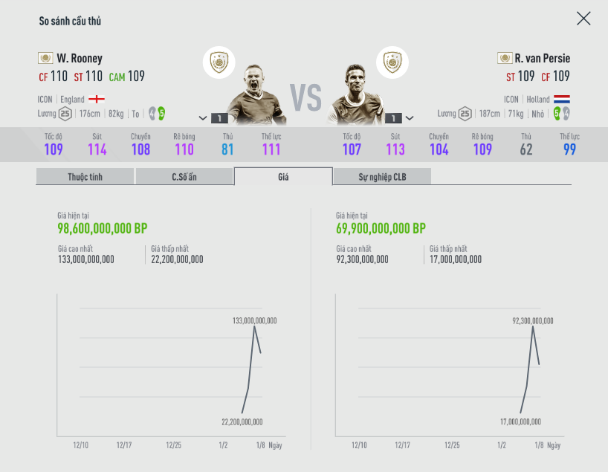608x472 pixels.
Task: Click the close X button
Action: tap(583, 19)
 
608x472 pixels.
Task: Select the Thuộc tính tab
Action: tap(85, 176)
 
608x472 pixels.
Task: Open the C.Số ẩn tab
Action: tap(184, 176)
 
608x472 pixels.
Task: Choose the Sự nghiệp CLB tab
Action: tap(382, 176)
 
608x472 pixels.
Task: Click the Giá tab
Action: tap(283, 176)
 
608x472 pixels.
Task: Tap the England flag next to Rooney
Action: tap(97, 99)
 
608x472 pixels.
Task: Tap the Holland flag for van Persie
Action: tap(562, 99)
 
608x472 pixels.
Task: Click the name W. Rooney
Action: tap(80, 58)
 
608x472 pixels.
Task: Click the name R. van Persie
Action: tap(542, 58)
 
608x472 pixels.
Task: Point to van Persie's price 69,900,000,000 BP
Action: tap(381, 228)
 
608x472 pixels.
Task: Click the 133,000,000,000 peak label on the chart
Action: tap(254, 320)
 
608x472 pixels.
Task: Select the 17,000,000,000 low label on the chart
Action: tap(520, 421)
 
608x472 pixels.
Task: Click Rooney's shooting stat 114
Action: tap(97, 149)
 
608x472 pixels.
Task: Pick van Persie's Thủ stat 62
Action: tap(526, 149)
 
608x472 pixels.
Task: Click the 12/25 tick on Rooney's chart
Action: tap(173, 445)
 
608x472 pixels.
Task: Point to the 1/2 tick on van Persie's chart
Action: tap(502, 445)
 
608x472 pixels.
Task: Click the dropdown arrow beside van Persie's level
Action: tap(410, 117)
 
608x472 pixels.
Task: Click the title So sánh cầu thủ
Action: tap(70, 21)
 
